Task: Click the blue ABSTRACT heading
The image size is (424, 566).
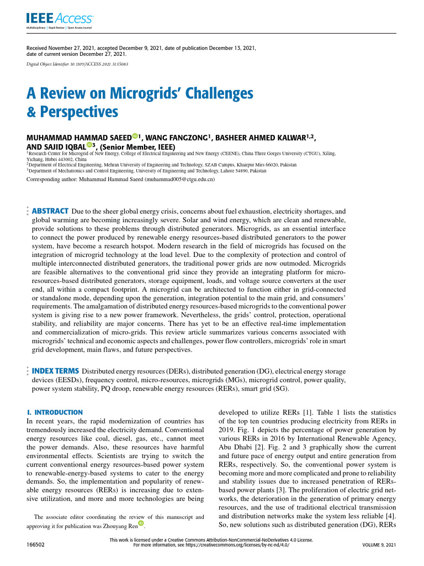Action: coord(50,196)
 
